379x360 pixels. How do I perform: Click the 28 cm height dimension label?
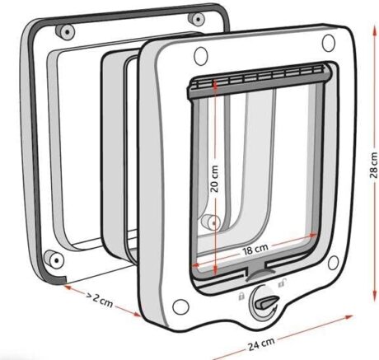point(374,165)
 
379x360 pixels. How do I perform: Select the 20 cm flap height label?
point(214,179)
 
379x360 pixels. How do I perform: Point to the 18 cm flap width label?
point(255,250)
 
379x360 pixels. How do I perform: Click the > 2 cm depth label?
point(100,300)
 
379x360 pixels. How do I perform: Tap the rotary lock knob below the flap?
point(264,303)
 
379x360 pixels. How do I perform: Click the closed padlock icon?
point(241,297)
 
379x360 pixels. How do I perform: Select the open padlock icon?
point(283,282)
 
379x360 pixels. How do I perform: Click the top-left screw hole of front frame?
point(200,56)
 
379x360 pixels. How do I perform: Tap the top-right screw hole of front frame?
point(329,43)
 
